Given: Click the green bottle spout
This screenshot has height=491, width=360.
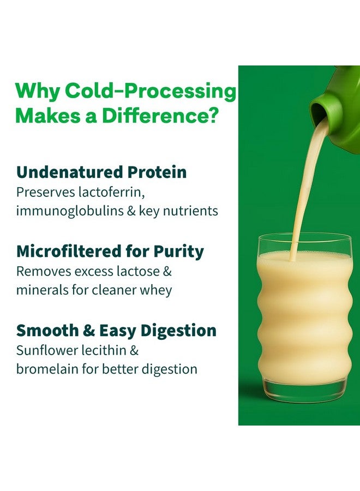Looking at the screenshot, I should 326,109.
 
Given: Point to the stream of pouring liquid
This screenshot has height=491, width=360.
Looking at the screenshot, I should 305,185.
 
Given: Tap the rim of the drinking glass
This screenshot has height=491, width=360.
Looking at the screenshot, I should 305,236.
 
